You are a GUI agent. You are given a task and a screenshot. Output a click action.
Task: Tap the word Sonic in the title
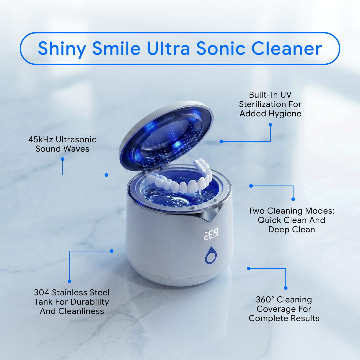pos(221,48)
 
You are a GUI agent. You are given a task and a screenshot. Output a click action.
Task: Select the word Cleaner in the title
pos(287,48)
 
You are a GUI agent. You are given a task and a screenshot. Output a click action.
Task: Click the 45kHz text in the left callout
pos(41,139)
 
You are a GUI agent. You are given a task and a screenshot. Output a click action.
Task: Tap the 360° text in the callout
pos(265,299)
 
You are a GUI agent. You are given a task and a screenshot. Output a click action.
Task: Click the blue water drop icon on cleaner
pos(211,255)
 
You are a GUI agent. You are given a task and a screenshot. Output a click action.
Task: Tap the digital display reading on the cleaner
pos(211,234)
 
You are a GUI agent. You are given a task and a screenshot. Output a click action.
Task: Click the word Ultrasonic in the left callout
pos(76,139)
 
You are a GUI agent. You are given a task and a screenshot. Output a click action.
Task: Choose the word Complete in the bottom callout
pos(265,319)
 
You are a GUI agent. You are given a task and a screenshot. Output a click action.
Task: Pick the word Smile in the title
pos(116,48)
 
